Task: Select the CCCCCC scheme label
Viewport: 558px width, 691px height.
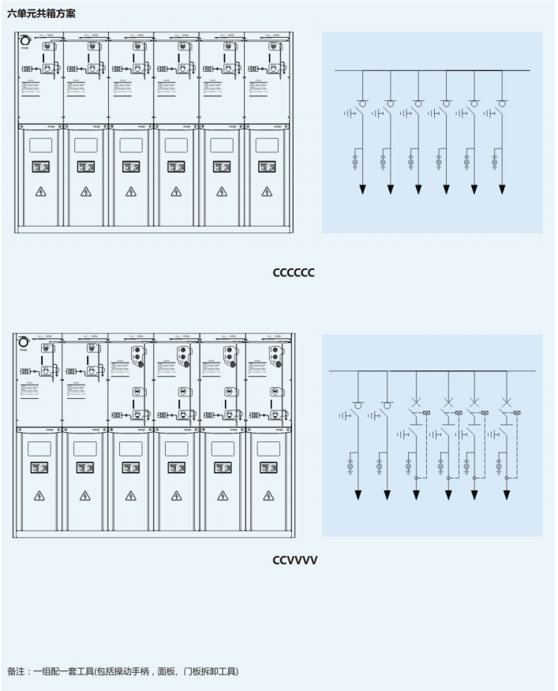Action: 294,272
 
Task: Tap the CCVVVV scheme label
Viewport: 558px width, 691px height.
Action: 294,561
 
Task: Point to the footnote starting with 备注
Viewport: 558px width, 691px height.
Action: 122,671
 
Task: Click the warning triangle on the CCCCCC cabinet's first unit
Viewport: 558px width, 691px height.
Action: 40,192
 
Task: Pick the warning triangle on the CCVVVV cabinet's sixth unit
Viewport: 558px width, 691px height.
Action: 268,496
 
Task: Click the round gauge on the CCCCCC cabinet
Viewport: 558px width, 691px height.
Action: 24,40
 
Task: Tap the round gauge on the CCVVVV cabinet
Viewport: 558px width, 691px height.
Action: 24,342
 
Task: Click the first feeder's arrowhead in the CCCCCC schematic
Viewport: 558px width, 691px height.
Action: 362,190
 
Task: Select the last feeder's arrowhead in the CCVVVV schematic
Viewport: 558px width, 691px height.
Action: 506,495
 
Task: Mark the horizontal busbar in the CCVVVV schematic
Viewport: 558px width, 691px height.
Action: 432,371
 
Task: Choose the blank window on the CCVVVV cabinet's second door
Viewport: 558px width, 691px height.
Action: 84,448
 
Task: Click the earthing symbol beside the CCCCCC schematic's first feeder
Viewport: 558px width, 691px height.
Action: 350,114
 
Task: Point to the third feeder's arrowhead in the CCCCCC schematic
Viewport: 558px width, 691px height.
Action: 418,190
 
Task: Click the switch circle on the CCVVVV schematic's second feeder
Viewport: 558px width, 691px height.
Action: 387,405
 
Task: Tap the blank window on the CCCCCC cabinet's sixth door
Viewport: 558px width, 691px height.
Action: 267,145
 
